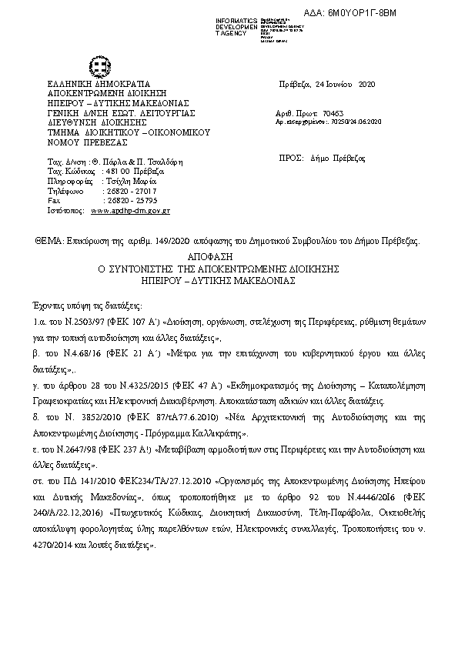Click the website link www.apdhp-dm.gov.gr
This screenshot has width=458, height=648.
click(x=130, y=209)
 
